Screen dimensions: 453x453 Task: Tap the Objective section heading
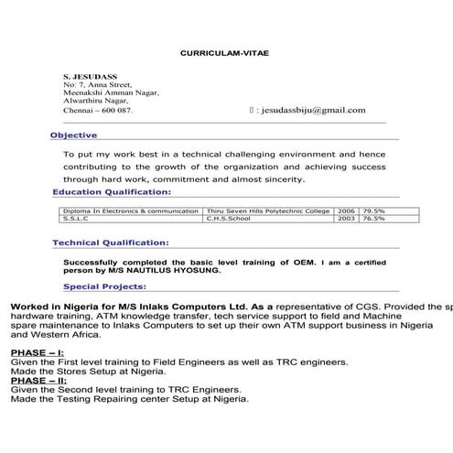click(74, 135)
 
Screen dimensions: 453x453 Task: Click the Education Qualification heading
click(111, 192)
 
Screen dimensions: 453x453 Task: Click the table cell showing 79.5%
click(373, 210)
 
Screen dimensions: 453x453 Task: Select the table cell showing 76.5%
click(373, 220)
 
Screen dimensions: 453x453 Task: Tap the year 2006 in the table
click(347, 210)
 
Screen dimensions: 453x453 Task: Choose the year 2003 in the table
click(347, 220)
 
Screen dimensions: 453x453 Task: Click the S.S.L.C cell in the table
click(72, 220)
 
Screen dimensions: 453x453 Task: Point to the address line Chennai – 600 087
click(98, 110)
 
